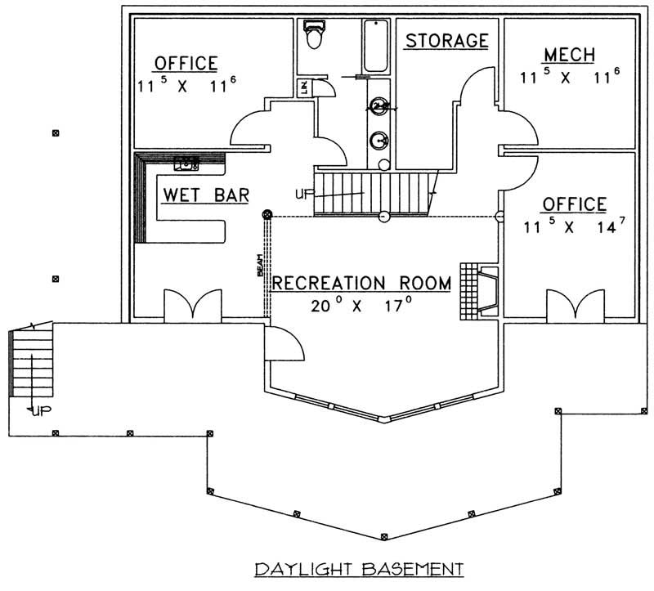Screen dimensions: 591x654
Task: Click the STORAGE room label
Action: pos(447,40)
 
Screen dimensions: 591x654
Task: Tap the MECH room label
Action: pos(569,55)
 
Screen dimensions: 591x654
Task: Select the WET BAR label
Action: pos(206,195)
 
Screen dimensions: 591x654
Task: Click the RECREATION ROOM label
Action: pos(361,283)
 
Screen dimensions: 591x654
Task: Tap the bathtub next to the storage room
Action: pos(377,45)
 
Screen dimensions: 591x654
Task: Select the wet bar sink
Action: pos(186,163)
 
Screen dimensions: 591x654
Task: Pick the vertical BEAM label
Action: pos(260,266)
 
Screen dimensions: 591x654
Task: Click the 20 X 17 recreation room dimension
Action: pos(361,307)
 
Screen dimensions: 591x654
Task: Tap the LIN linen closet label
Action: pos(303,87)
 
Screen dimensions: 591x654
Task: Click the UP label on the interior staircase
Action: pos(302,194)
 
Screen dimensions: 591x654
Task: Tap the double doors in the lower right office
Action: pos(573,305)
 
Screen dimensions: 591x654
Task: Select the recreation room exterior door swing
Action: pos(286,343)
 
